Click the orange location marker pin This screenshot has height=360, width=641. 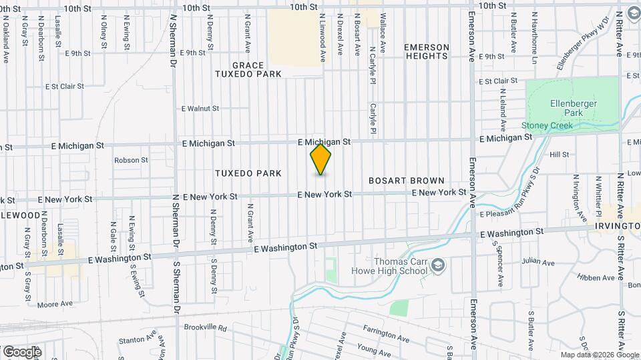[x=321, y=159]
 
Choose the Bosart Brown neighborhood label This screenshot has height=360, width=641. [x=407, y=181]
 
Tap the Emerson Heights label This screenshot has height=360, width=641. [x=426, y=51]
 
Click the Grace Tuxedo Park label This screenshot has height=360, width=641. [x=248, y=69]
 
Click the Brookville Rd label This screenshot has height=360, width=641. [x=206, y=329]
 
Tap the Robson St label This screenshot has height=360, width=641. [x=131, y=160]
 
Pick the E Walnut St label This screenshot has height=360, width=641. [x=200, y=108]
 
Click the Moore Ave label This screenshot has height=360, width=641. [x=55, y=304]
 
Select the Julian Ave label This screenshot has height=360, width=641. [x=539, y=263]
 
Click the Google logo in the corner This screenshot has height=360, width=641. [x=22, y=351]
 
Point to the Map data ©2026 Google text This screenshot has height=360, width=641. [x=599, y=355]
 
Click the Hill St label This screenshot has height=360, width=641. [x=559, y=155]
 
